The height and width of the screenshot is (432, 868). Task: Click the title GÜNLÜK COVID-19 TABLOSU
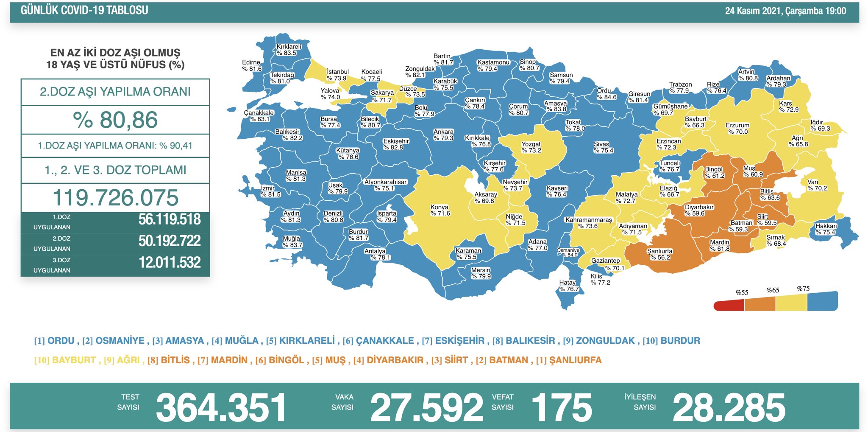click(x=84, y=10)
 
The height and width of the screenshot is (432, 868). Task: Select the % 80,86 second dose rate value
click(x=115, y=120)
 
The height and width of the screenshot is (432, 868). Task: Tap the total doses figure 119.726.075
click(x=115, y=198)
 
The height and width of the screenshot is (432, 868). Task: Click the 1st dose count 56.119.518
click(x=169, y=219)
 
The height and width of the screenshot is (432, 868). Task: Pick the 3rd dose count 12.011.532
click(x=169, y=263)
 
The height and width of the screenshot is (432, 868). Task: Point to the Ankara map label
click(x=443, y=135)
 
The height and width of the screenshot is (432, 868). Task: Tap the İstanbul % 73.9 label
click(x=337, y=75)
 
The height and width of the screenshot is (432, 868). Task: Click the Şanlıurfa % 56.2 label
click(x=659, y=254)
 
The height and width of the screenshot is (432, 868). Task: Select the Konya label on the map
click(x=440, y=210)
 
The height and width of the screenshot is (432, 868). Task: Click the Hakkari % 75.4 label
click(x=826, y=229)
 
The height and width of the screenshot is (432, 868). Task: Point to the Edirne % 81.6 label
click(x=251, y=65)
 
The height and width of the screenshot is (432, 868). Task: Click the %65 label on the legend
click(x=773, y=290)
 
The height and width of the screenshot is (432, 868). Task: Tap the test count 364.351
click(x=221, y=407)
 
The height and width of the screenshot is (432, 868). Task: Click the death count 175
click(x=562, y=407)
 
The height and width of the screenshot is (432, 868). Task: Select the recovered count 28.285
click(x=729, y=407)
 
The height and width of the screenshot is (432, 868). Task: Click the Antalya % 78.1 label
click(x=377, y=254)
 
